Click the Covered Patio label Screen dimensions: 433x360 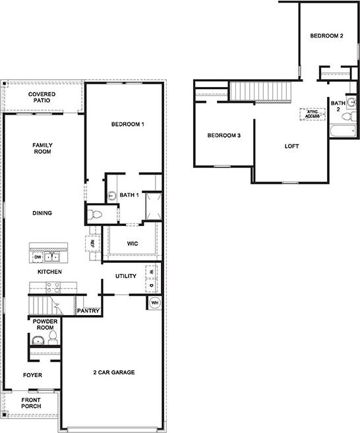(x=42, y=98)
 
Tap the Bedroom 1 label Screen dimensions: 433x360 (x=127, y=125)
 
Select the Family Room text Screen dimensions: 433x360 (x=42, y=148)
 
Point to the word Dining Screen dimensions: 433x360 (x=42, y=213)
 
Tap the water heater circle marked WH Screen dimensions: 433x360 (x=155, y=303)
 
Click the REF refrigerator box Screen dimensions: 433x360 (x=92, y=243)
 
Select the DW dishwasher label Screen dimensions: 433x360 (x=38, y=257)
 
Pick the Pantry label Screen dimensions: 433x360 (x=88, y=310)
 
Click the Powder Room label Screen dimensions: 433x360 (x=42, y=324)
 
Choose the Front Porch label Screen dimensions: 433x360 (x=31, y=403)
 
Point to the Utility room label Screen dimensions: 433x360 (x=126, y=275)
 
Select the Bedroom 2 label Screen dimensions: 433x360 (x=327, y=36)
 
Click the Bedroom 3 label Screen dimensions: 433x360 (x=224, y=136)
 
